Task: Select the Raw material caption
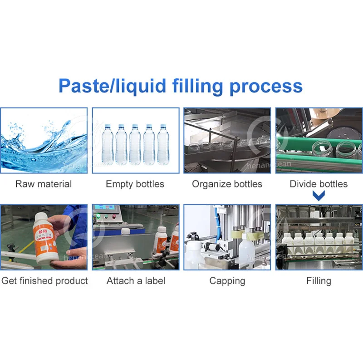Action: coord(44,184)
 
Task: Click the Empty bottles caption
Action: coord(135,184)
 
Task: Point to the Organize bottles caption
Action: coord(227,184)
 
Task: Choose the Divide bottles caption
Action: coord(319,184)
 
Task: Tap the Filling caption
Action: coord(319,281)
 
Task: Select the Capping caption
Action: coord(227,281)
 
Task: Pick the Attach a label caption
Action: coord(135,281)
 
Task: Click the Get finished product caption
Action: coord(44,281)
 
